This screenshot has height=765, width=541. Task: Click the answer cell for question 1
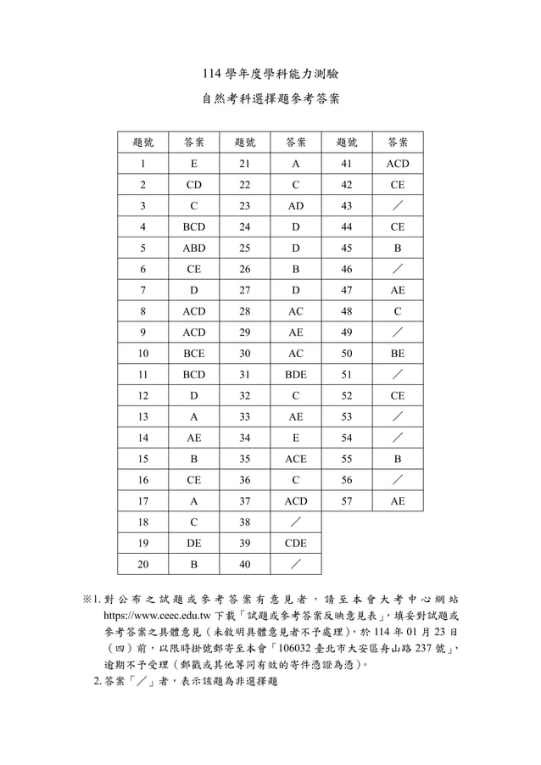click(x=194, y=164)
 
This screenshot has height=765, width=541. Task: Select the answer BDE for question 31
click(x=296, y=375)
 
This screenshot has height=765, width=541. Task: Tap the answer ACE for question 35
click(x=296, y=459)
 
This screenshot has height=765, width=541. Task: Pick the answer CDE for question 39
click(x=296, y=544)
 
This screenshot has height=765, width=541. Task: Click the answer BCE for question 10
click(x=194, y=354)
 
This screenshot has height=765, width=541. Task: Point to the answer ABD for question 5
click(x=194, y=248)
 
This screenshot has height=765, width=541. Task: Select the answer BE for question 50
click(x=397, y=354)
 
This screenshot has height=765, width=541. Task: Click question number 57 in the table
click(x=346, y=501)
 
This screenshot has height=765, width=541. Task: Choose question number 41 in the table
click(x=346, y=164)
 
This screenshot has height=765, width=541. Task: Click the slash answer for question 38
click(x=296, y=522)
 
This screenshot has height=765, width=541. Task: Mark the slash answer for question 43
click(x=397, y=206)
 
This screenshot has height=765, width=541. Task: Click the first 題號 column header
click(x=142, y=142)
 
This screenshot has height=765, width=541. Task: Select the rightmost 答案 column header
click(x=397, y=142)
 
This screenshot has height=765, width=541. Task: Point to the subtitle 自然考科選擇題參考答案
click(x=270, y=99)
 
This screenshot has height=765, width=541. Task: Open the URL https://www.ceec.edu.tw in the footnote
click(x=157, y=617)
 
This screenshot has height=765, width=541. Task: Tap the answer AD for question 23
click(x=296, y=206)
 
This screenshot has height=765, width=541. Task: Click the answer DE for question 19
click(x=194, y=544)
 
